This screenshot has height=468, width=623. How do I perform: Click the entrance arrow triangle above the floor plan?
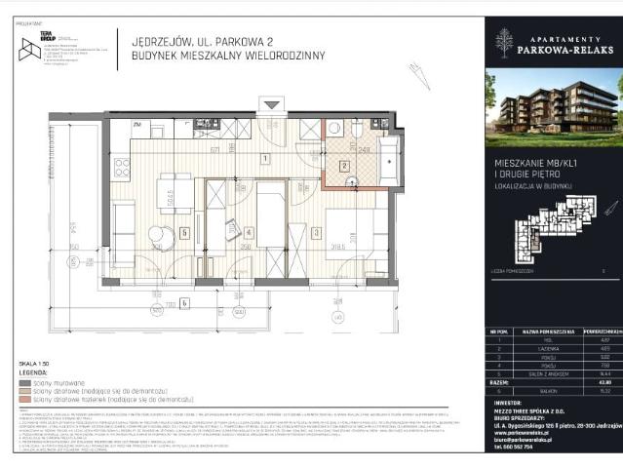(270, 104)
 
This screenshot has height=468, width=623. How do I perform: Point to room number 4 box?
(251, 232)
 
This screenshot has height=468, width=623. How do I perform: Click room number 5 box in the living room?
(184, 232)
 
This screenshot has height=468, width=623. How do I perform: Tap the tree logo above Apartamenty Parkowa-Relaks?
(504, 40)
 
